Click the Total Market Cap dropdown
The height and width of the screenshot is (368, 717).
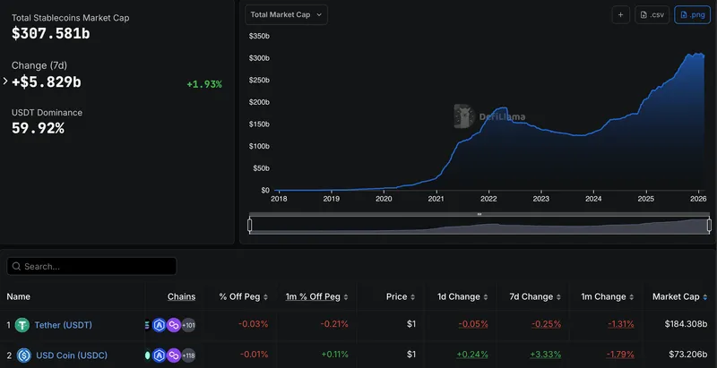coord(286,14)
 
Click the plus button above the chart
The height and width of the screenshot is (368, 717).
coord(621,14)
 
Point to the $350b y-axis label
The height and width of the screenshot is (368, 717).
coord(259,36)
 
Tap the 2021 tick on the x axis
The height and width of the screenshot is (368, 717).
coord(436,199)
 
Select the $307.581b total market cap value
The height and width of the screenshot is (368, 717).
coord(51,33)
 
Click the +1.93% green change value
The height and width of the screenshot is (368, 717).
coord(204,84)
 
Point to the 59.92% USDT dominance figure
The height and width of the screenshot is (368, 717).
coord(38,128)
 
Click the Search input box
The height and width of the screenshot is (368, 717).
coord(91,266)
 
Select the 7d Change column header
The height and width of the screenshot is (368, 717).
coord(531,296)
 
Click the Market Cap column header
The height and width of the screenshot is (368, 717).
coord(678,296)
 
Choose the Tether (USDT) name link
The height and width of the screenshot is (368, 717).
coord(63,325)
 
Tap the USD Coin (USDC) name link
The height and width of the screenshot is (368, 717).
coord(71,355)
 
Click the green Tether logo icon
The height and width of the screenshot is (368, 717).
coord(22,325)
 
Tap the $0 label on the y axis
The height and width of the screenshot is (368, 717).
coord(263,190)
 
